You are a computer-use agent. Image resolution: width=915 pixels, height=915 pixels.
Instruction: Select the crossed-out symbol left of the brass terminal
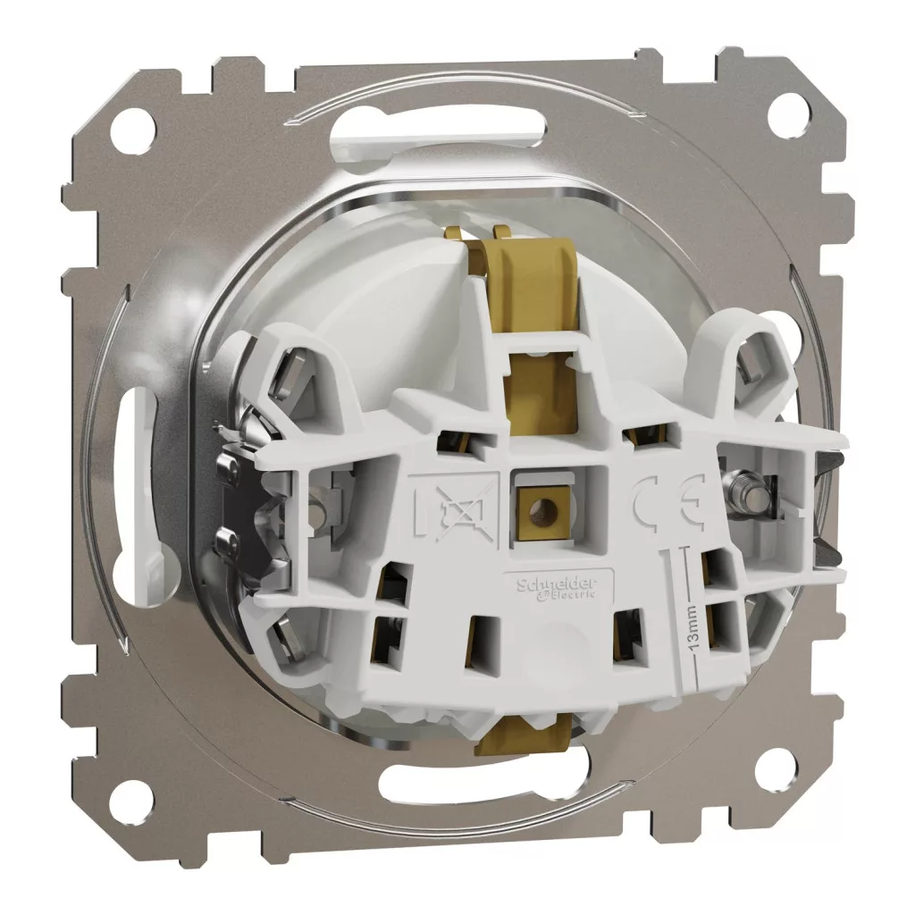tap(455, 502)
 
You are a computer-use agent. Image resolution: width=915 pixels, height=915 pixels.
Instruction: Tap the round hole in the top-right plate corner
tap(785, 107)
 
